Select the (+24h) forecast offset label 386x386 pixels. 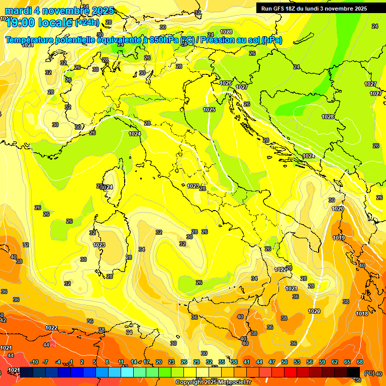(87, 23)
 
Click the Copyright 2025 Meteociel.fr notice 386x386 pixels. (213, 382)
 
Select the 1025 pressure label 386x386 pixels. (209, 110)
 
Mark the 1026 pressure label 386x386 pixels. (226, 83)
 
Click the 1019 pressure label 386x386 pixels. (339, 238)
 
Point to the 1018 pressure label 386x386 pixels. (362, 314)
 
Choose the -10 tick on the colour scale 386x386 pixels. (34, 362)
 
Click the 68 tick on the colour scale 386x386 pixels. (360, 362)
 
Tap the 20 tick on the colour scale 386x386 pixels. (159, 362)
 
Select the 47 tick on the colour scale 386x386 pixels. (272, 362)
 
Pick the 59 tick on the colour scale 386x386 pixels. (322, 362)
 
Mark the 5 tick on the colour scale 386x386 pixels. (95, 362)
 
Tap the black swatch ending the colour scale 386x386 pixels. (353, 372)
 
